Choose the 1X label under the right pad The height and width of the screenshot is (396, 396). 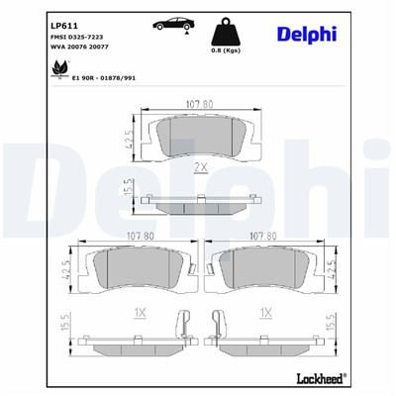[265, 312]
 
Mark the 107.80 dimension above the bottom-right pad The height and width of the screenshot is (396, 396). [267, 237]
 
